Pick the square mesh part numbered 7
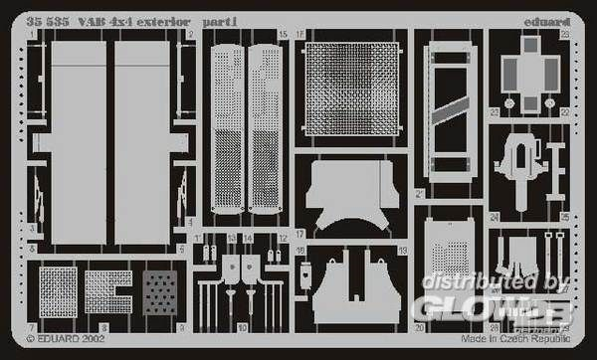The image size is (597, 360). (x=59, y=292)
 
